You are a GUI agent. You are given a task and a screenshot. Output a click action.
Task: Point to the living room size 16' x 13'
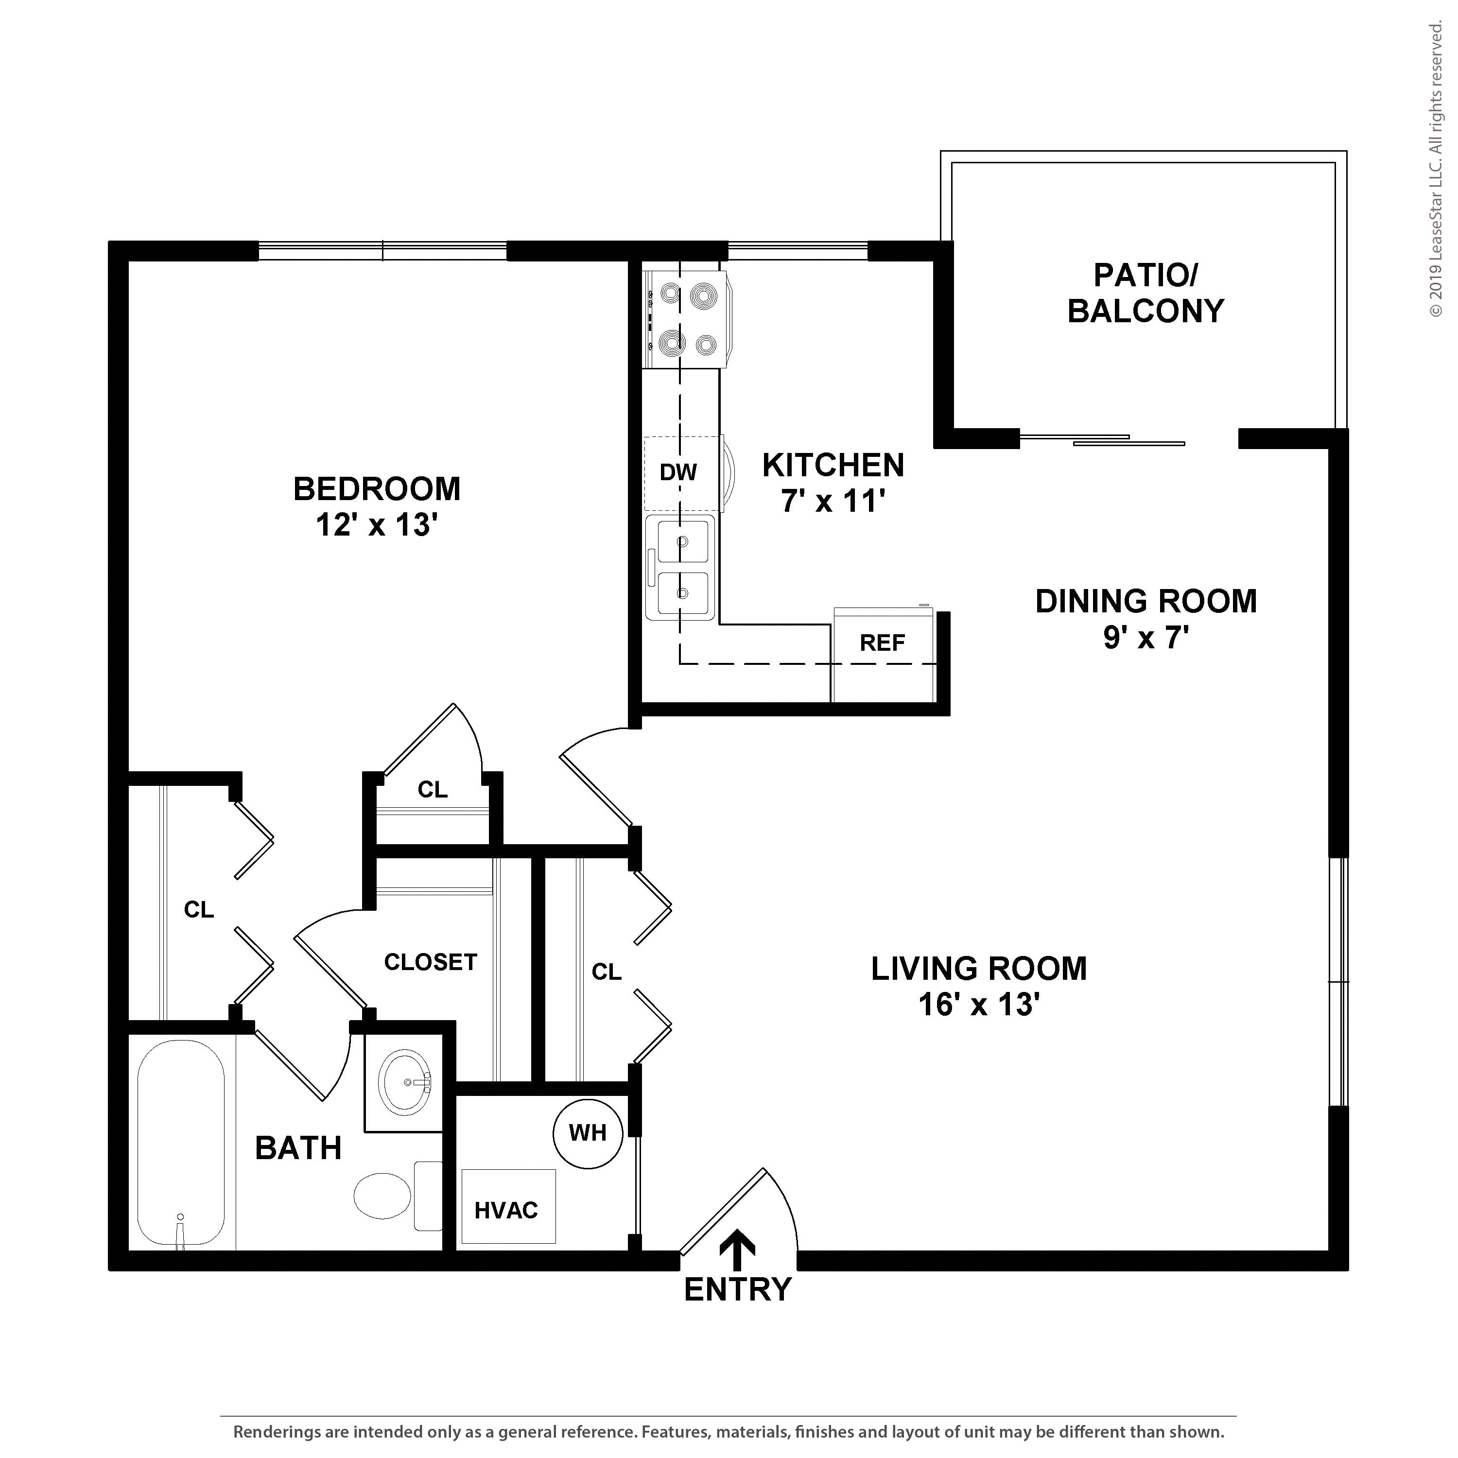(x=979, y=1005)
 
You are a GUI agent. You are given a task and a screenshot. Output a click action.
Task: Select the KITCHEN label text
(x=833, y=466)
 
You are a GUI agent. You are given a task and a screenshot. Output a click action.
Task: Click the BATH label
(x=298, y=1148)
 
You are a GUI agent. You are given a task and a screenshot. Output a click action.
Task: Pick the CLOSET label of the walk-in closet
(x=430, y=962)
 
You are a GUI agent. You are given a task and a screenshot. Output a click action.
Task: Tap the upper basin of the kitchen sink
(x=682, y=541)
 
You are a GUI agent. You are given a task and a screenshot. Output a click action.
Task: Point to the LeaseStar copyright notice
(x=1435, y=170)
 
